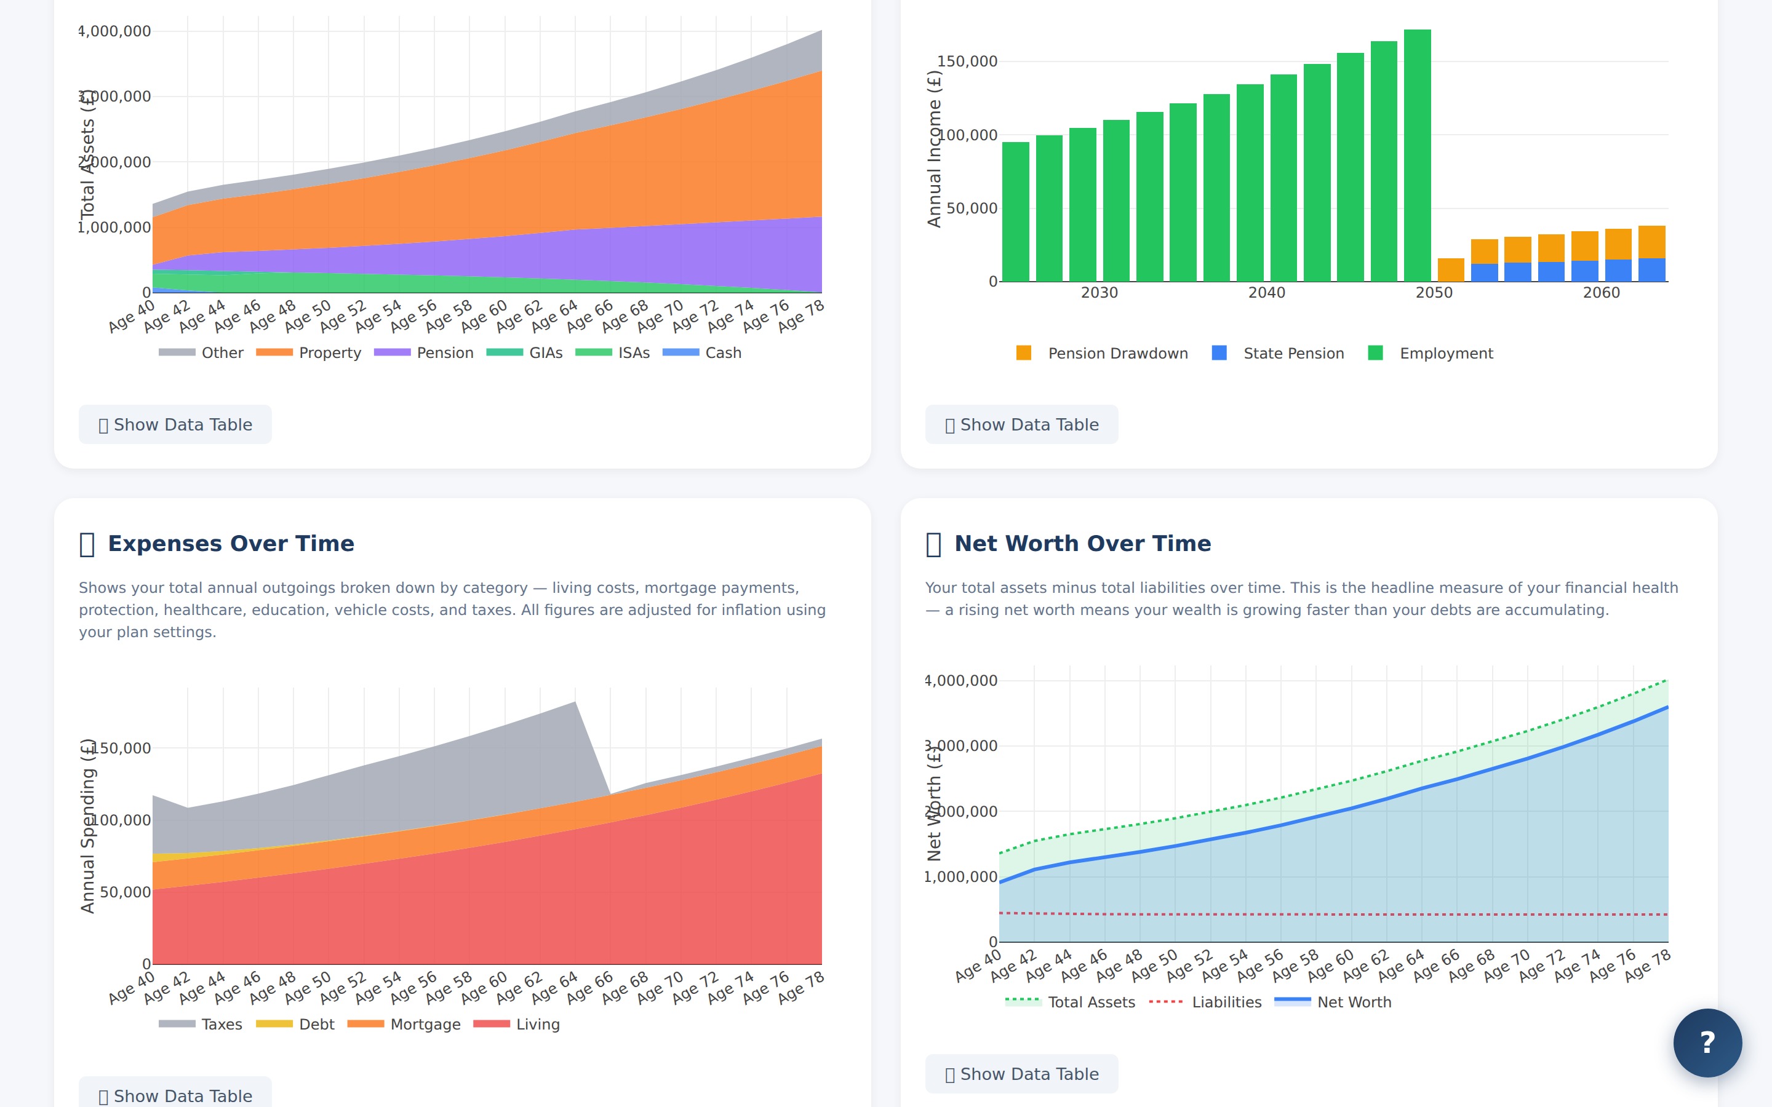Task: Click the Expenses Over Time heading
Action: [x=231, y=543]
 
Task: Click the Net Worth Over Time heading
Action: [x=1082, y=543]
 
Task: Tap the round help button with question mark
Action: [x=1707, y=1042]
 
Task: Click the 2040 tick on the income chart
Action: [x=1266, y=293]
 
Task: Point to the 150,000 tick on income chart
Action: [x=967, y=61]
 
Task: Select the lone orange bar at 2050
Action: [x=1451, y=270]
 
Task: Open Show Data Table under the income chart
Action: [x=1021, y=424]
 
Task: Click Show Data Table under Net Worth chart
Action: [x=1021, y=1074]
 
